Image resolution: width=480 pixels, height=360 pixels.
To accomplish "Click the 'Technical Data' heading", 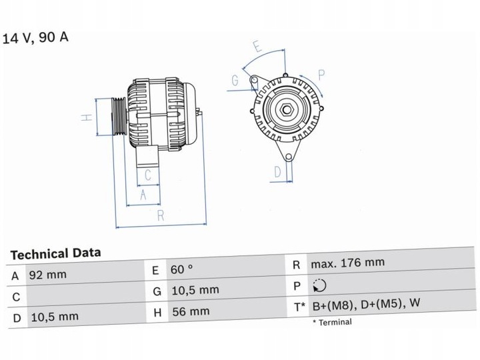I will [56, 253].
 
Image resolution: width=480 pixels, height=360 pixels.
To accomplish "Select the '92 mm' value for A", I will [47, 275].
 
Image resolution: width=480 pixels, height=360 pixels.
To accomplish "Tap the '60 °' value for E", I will [181, 269].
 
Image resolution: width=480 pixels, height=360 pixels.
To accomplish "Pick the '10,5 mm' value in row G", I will [195, 290].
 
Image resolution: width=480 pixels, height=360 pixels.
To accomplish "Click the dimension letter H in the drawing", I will [86, 118].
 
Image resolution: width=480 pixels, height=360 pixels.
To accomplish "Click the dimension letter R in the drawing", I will [161, 215].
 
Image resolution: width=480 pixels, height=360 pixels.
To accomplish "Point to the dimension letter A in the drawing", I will [143, 195].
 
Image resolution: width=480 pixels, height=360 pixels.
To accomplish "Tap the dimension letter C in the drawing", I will [149, 176].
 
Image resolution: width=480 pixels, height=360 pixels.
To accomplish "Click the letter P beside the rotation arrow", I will [321, 74].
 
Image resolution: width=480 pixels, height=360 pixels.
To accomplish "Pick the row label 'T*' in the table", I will [299, 307].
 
